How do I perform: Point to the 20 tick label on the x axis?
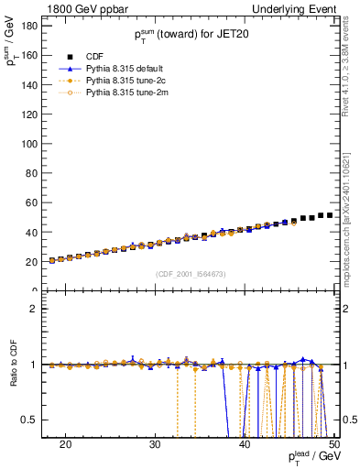65,444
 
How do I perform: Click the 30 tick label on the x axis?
155,444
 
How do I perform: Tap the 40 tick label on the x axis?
244,444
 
